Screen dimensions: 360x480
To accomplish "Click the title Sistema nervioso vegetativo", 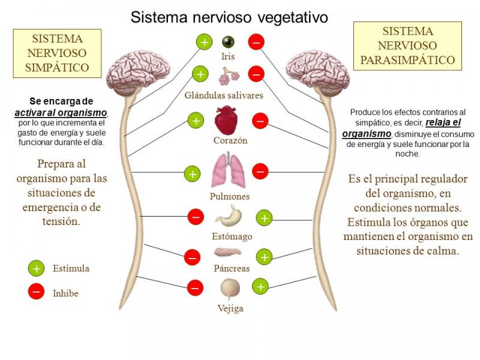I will point(230,17).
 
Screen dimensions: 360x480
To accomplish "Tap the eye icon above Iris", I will point(227,42).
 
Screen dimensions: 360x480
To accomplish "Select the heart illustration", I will point(228,121).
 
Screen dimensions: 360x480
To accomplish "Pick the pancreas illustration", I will point(229,253).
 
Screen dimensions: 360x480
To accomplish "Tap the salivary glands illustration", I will point(229,77).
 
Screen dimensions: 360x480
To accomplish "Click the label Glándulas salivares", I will point(224,95).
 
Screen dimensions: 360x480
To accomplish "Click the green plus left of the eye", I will point(204,42).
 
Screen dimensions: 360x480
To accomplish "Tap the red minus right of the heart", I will point(260,121).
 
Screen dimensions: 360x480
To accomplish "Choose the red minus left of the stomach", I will point(196,217).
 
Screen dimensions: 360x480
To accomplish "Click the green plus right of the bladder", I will point(260,287).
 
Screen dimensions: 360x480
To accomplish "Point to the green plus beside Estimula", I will point(37,268).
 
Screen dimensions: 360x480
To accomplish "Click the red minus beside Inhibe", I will point(37,292).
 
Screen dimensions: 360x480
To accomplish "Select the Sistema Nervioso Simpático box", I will point(56,53).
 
